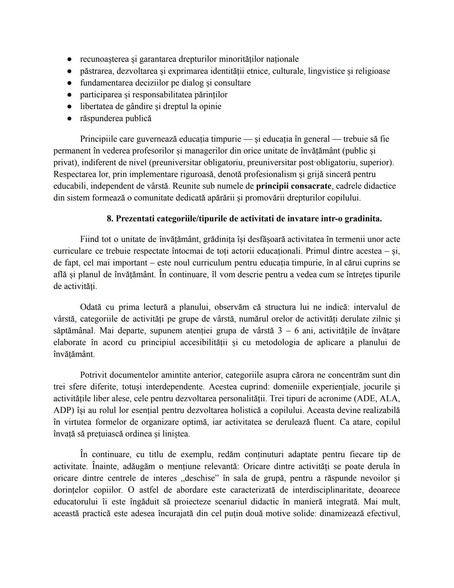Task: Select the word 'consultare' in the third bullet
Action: (x=232, y=83)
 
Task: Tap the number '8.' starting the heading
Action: (x=110, y=219)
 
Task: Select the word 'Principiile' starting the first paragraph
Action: (x=99, y=139)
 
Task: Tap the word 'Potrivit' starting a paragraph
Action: (x=94, y=375)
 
